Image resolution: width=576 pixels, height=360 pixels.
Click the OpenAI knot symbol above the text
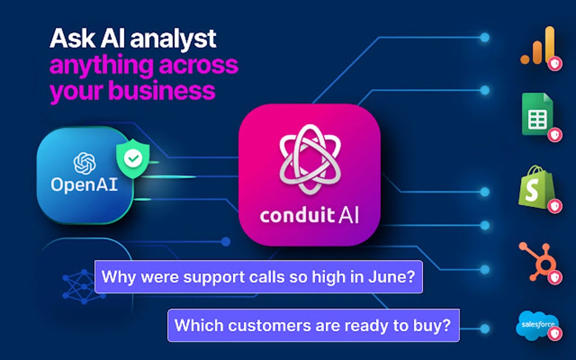tap(85, 164)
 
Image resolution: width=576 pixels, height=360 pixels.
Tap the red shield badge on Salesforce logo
tap(556, 333)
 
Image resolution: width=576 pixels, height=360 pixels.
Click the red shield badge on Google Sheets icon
tap(556, 134)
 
